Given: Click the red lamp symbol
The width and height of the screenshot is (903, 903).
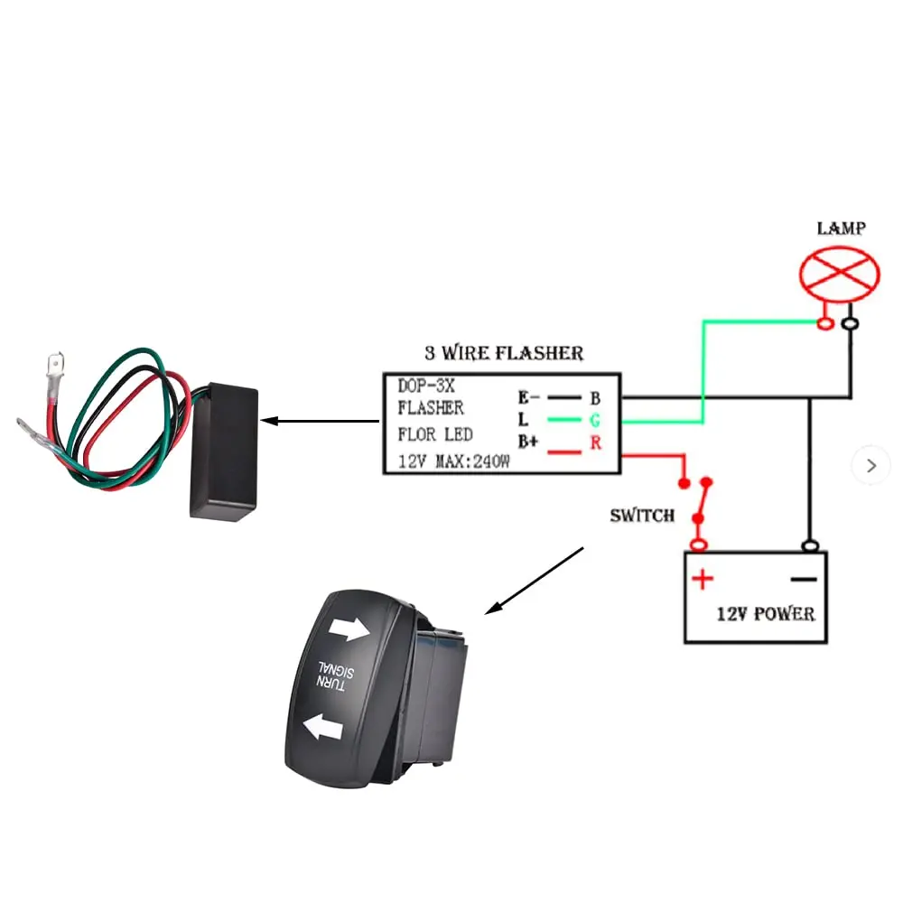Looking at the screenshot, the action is pos(839,275).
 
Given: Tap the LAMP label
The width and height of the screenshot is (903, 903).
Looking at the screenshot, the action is pos(841,228).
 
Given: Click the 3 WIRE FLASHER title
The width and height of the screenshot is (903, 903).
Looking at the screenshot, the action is pos(504,352).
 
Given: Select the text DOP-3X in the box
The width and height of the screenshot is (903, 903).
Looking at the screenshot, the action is pos(426,386).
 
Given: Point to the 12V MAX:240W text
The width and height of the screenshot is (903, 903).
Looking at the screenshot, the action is pos(454,461).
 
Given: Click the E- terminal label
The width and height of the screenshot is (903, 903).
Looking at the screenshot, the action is pos(528,396).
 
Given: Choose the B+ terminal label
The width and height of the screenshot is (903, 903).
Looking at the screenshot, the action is pos(528,442).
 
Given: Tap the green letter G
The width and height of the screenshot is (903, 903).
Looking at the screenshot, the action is pos(595,421).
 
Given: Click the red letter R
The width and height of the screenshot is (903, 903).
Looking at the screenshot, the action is pos(595,442).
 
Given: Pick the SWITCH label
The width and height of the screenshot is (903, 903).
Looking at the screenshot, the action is pos(642,515).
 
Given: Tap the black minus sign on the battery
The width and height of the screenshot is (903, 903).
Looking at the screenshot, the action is pos(804,579).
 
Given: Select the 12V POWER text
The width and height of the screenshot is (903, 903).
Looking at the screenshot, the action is pos(766,614).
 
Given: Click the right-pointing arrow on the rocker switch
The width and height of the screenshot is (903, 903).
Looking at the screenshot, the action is pos(349,628).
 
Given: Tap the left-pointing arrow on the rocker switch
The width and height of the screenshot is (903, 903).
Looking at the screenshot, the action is pos(323,727).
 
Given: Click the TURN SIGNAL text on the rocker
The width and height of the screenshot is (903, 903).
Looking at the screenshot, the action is pos(335,676).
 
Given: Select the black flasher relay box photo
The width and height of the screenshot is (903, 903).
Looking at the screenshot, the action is pos(224,452).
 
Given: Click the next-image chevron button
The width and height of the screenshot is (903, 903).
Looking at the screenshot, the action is pos(871,465).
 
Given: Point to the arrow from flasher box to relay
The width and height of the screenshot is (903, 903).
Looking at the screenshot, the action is pos(321,421).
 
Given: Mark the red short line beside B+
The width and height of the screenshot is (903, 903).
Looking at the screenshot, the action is pos(563,452).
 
